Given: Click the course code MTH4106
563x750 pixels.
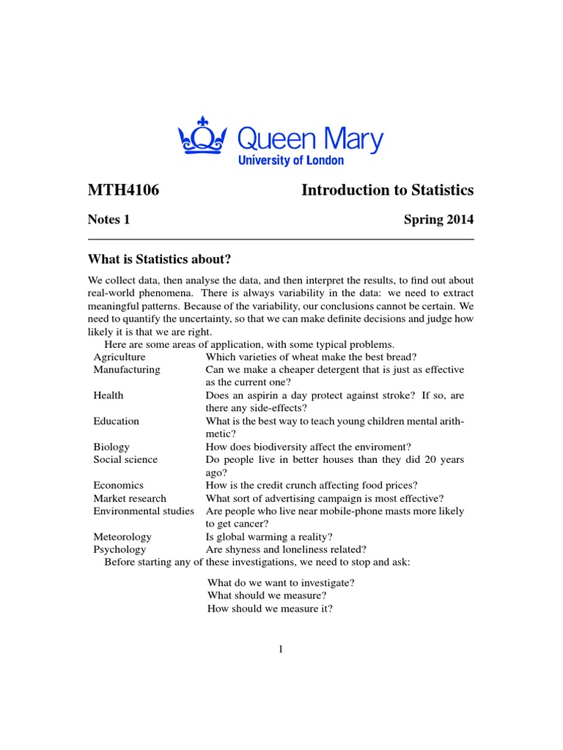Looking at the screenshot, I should tap(123, 190).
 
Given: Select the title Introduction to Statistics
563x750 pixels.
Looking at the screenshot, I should tap(387, 190).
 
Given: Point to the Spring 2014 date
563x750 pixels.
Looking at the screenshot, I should tap(438, 219).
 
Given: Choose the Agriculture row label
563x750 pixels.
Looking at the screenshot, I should tap(119, 357).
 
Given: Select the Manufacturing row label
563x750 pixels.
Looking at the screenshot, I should tap(126, 370).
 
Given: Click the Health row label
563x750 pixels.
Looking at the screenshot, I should tap(108, 396).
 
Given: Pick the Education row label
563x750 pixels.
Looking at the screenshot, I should tap(116, 421).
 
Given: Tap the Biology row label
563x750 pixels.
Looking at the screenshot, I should tap(111, 447).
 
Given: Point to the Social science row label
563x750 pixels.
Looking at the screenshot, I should tap(125, 459).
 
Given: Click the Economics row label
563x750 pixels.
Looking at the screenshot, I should tap(118, 485).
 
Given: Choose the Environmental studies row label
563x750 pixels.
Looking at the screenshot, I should tap(144, 510).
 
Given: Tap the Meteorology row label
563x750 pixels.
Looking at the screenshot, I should tap(122, 537).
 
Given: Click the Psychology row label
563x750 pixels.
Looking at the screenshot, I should tap(119, 549).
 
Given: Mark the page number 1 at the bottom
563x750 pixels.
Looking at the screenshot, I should tap(281, 649).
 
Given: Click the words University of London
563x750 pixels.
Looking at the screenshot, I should tap(290, 160).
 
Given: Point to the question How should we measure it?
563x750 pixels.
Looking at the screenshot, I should tap(271, 609).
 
